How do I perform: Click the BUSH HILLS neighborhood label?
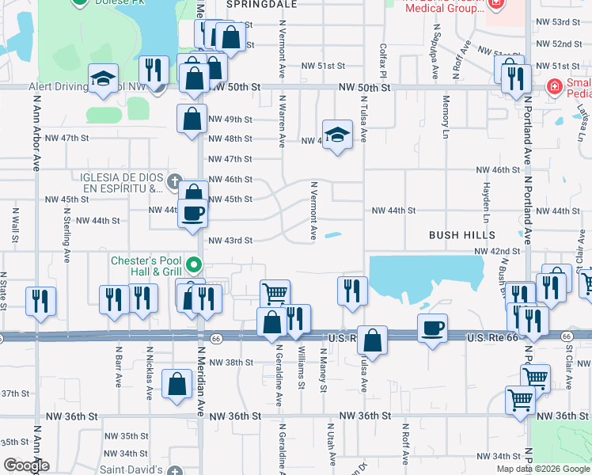pos(462,235)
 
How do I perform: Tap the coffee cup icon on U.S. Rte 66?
pos(432,329)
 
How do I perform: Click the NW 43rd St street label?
pos(230,240)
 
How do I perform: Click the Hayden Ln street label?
pos(484,201)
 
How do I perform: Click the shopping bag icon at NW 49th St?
pos(192,120)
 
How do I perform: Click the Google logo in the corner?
pos(26,465)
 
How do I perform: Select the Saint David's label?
pos(134,470)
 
